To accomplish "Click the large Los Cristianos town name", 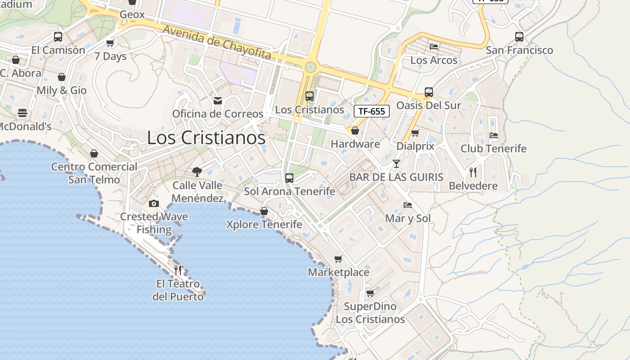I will [x=206, y=138].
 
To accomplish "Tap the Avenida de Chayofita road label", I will [x=217, y=42].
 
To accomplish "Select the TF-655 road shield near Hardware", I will [x=372, y=111].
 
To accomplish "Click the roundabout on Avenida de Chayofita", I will [x=310, y=67].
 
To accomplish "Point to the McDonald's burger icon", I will [x=22, y=112].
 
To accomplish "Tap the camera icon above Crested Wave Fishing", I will [x=154, y=203].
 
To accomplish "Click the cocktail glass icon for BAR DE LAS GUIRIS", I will [x=396, y=163].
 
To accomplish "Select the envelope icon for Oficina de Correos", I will [x=218, y=100].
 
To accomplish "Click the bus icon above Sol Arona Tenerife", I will [x=289, y=178].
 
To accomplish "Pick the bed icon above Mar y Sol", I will [x=408, y=205].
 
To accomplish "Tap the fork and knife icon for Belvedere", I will [x=473, y=172].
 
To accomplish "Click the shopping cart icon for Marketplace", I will [x=338, y=259].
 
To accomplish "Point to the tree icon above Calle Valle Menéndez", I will [x=197, y=171].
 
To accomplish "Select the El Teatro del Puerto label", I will [x=178, y=290].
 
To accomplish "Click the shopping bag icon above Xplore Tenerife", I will [x=264, y=211].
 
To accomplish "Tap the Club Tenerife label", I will [x=493, y=148].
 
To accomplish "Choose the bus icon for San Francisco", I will [x=519, y=37].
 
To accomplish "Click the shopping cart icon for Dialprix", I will [x=415, y=133].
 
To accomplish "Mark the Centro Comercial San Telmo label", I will [x=94, y=173].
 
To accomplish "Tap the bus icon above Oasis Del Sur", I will [x=429, y=92].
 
